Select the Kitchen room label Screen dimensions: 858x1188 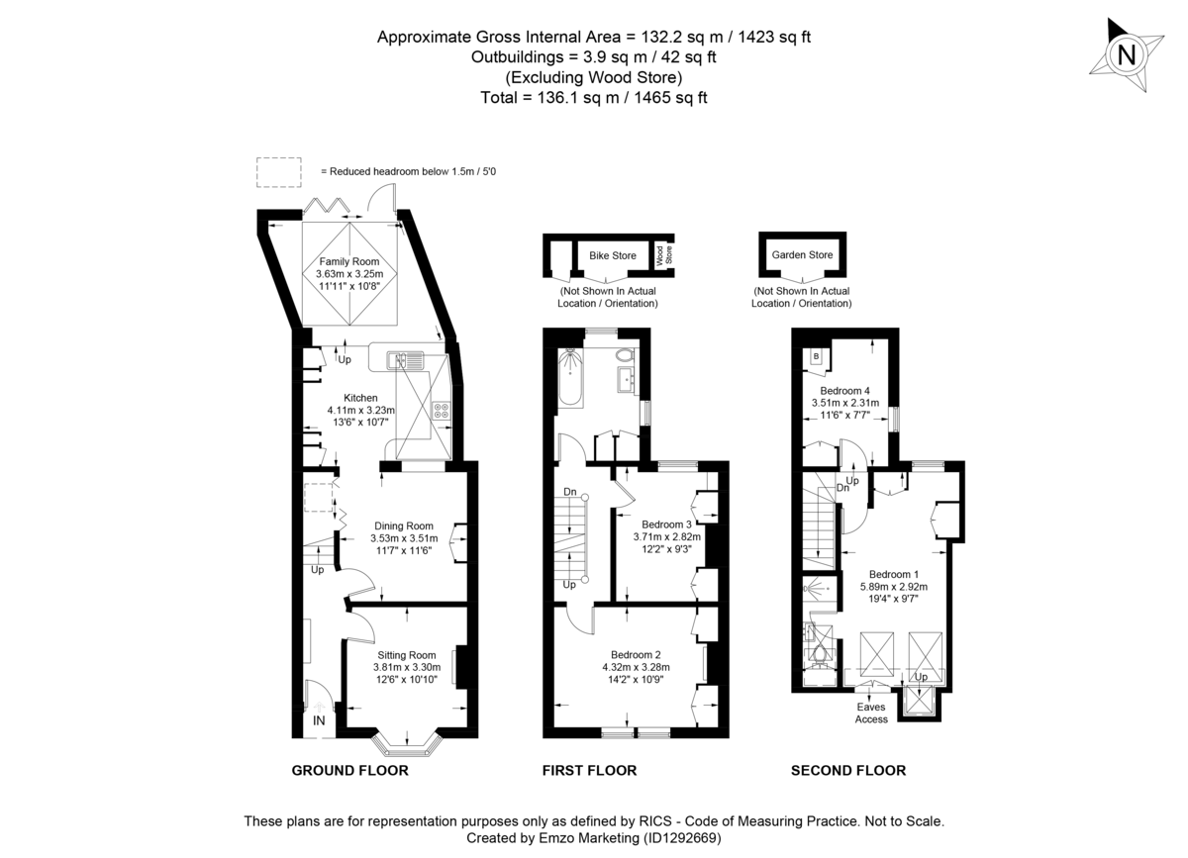click(360, 398)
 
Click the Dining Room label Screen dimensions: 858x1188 click(403, 525)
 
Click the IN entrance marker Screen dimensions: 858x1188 click(319, 721)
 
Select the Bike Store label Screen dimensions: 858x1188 click(612, 255)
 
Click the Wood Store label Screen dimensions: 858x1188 click(668, 255)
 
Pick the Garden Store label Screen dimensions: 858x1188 click(802, 255)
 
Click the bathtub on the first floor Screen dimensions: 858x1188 click(571, 381)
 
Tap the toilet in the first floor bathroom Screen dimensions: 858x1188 click(625, 354)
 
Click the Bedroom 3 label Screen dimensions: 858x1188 click(666, 524)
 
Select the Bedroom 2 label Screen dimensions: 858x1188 click(636, 654)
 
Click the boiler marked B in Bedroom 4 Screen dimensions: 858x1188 click(815, 356)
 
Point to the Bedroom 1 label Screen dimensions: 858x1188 click(893, 574)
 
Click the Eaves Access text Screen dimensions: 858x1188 click(871, 713)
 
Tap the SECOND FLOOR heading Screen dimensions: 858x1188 click(847, 770)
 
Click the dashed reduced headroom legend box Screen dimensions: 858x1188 click(278, 171)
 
